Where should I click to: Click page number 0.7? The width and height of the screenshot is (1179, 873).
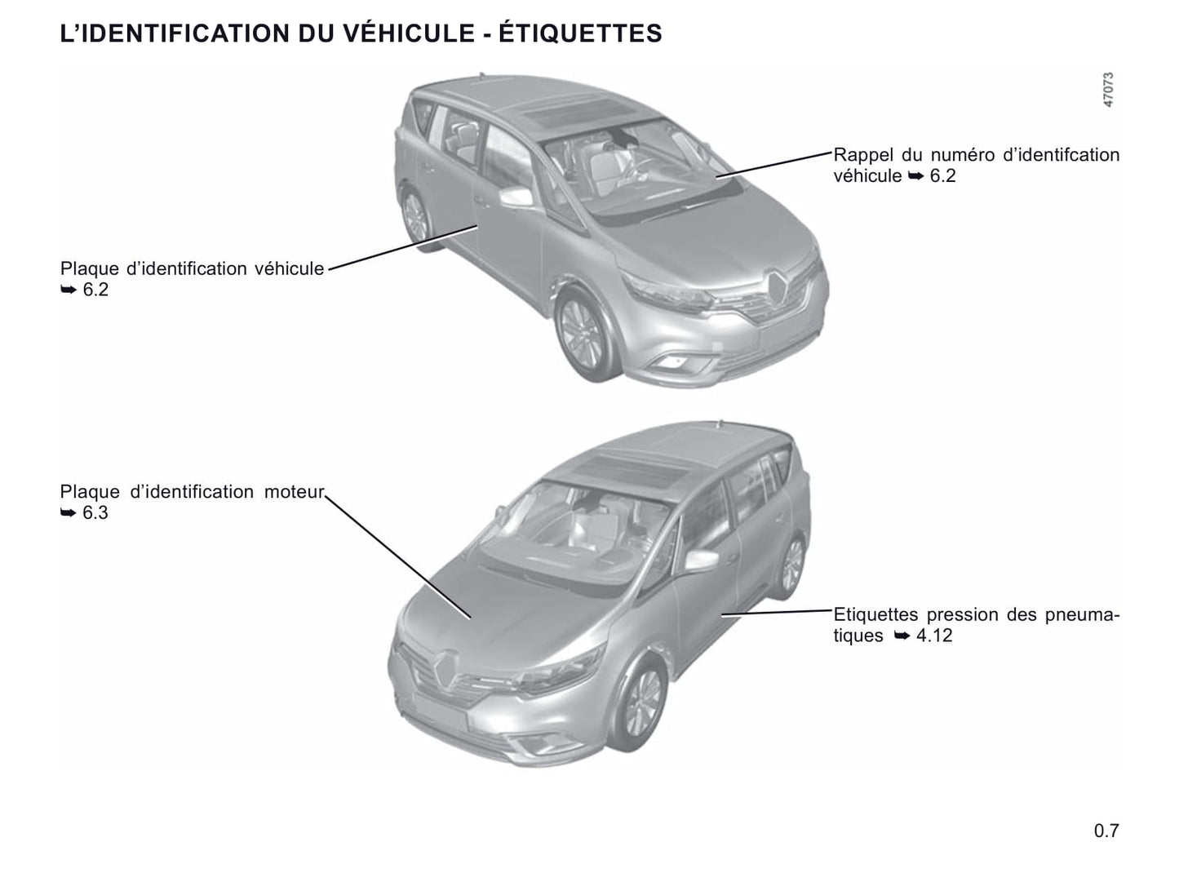click(x=1106, y=831)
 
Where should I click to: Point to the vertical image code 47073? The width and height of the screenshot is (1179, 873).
click(x=1107, y=90)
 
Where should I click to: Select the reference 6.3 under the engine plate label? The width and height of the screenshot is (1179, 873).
click(x=95, y=513)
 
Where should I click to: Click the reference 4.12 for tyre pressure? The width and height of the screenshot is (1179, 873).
click(x=934, y=636)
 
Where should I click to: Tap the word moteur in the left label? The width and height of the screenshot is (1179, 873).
click(x=294, y=492)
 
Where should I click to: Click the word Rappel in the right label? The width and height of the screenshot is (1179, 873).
click(x=860, y=155)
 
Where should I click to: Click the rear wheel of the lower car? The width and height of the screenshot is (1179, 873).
click(x=790, y=565)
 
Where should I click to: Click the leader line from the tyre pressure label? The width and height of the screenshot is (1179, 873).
click(x=775, y=612)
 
